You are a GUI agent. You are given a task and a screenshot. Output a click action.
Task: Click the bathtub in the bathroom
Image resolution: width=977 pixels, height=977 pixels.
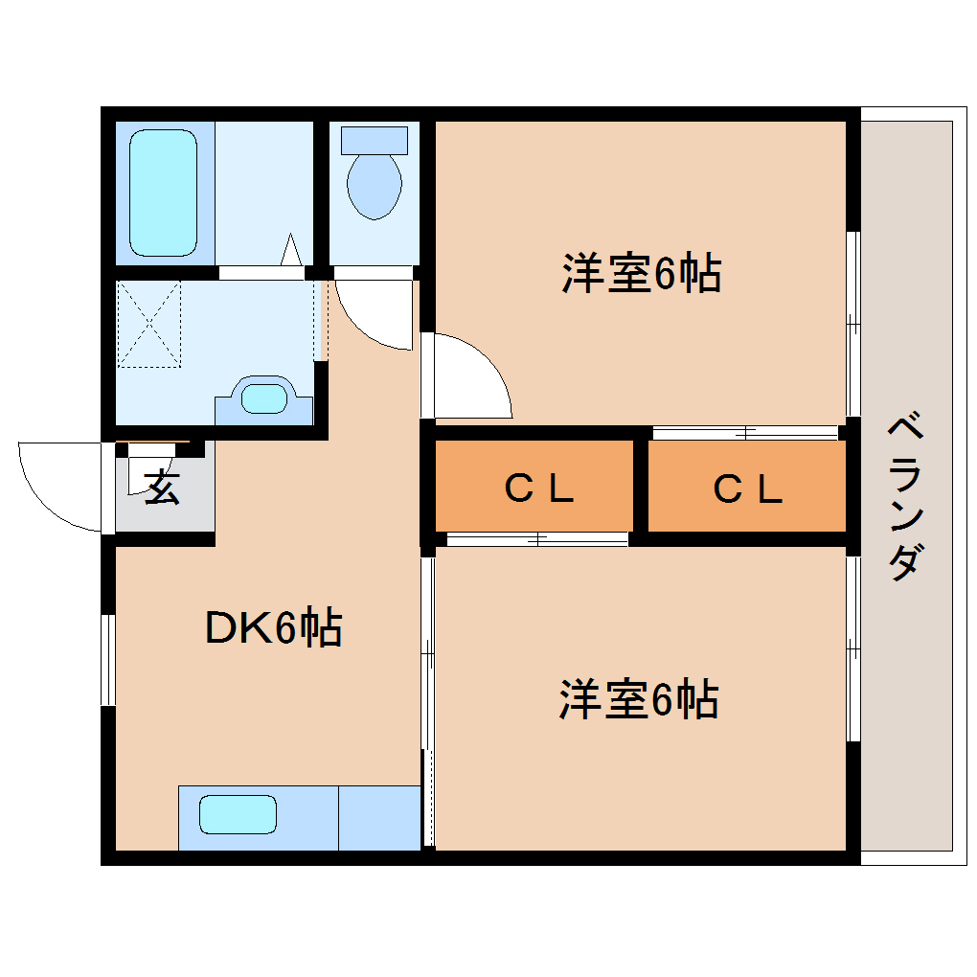point(163,193)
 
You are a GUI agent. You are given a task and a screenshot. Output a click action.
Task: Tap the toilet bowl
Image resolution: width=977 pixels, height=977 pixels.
point(374,185)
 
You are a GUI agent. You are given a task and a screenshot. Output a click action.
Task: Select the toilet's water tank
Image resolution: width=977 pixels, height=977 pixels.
point(374,140)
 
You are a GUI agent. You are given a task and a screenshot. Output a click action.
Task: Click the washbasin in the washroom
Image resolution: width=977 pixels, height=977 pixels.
point(264,397)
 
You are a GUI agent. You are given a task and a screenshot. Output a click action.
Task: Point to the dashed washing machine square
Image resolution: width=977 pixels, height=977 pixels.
point(148,324)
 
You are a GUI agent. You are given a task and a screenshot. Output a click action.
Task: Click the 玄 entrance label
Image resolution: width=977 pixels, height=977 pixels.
point(162,488)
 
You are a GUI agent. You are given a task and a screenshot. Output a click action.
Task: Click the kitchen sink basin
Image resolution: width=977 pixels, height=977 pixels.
point(239,815)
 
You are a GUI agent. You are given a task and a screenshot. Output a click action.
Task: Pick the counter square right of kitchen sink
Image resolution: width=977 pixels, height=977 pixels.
point(379,817)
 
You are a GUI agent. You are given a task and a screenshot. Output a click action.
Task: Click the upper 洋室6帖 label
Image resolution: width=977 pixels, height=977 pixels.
point(641,274)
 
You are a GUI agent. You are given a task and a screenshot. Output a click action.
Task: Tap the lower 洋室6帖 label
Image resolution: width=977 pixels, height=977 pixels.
point(639,699)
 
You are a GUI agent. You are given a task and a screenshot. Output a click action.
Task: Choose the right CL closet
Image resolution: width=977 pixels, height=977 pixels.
point(747,488)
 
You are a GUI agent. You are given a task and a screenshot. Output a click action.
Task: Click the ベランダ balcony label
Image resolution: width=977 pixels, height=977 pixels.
point(905,496)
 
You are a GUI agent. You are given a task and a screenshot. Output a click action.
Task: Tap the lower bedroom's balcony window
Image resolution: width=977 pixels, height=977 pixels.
point(852,649)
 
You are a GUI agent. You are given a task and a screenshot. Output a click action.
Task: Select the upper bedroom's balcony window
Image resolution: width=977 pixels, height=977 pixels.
point(852,324)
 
